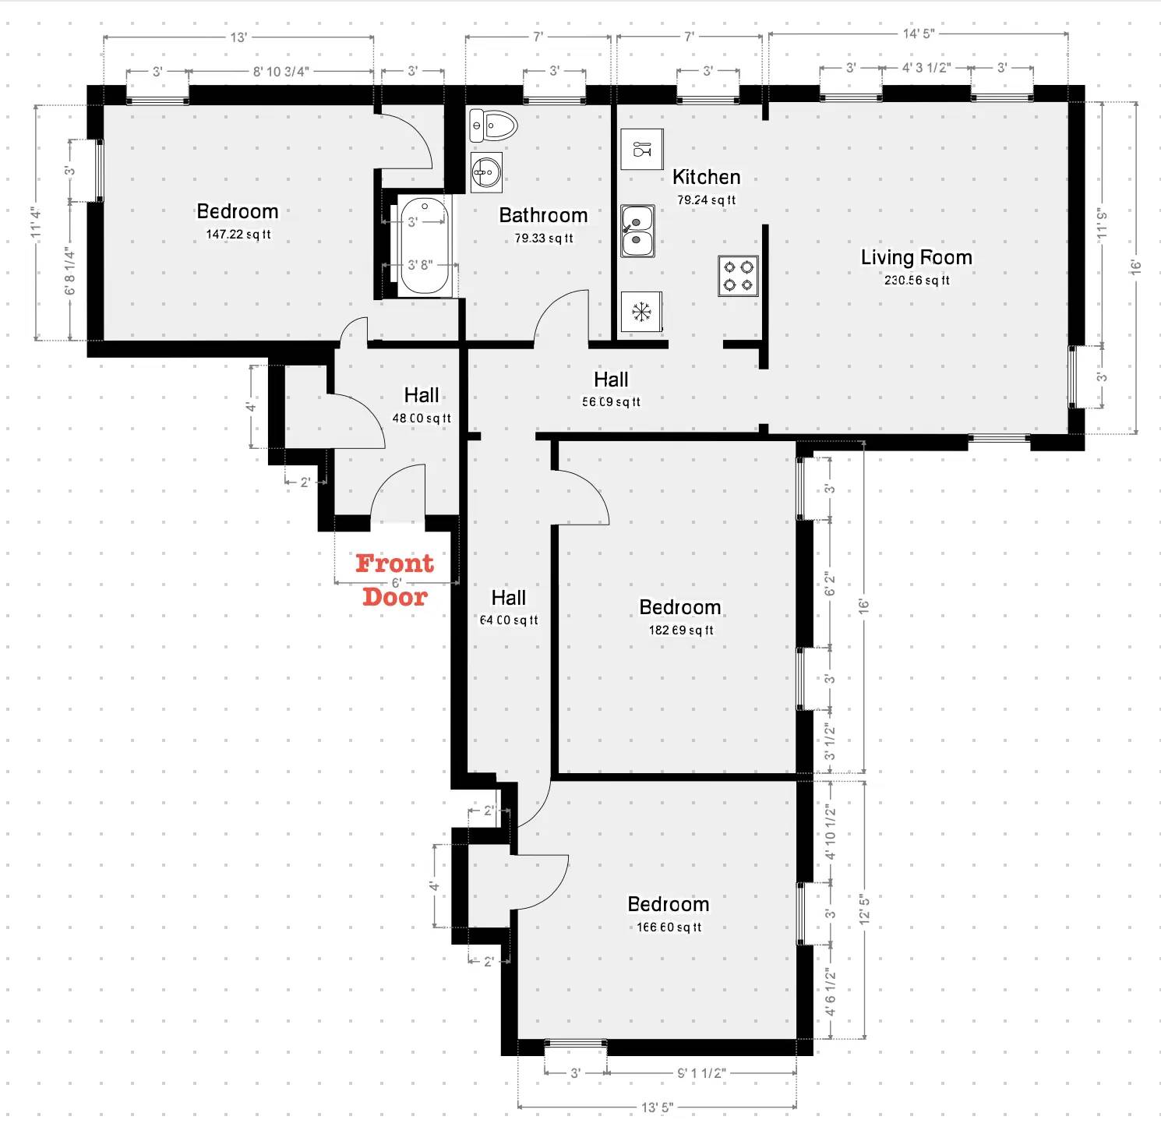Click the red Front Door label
[x=395, y=580]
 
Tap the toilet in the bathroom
[x=493, y=125]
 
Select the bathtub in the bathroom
[x=424, y=246]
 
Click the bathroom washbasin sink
[x=486, y=171]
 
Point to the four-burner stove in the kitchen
[x=738, y=276]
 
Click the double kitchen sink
[x=637, y=231]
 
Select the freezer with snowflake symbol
[x=641, y=312]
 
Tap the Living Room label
[x=916, y=257]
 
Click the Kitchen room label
[x=706, y=177]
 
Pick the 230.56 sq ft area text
[x=916, y=281]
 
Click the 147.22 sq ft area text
[x=238, y=235]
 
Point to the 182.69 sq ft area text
[x=680, y=631]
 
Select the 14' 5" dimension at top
[x=918, y=34]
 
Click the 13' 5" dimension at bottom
[x=657, y=1108]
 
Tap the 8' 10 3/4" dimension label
[x=281, y=72]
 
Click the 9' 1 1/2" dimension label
[x=701, y=1073]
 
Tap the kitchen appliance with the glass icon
[x=642, y=149]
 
